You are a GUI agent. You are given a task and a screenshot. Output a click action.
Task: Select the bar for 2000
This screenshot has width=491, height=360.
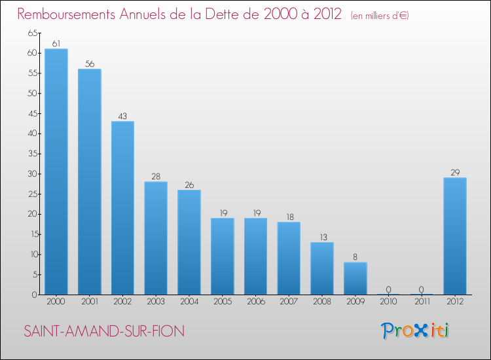coord(56,171)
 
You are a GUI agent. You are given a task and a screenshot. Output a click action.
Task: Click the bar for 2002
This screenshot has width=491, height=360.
coord(122,207)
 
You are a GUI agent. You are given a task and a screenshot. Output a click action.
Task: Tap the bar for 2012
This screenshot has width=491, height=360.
coord(455,236)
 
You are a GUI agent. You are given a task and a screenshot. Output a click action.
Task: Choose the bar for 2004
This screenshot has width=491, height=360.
coord(189,242)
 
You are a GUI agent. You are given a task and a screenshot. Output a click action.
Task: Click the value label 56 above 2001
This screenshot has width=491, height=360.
coord(89,64)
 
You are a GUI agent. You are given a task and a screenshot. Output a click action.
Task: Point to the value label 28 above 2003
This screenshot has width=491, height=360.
coord(156,177)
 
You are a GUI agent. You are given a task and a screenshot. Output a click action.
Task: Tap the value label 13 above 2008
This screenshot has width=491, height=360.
coord(322,237)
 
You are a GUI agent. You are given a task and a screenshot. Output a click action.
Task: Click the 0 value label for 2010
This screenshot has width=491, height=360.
coord(388,289)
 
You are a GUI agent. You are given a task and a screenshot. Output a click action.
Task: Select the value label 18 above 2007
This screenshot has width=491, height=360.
coord(289,217)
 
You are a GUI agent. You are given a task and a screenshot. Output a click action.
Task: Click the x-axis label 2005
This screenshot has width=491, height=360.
coord(222,302)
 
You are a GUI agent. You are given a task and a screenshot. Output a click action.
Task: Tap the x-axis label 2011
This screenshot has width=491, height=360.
coord(422,302)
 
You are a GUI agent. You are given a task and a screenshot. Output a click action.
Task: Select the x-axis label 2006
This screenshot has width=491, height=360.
coord(255,302)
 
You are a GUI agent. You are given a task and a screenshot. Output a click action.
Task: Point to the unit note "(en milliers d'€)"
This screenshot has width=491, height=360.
coord(380,15)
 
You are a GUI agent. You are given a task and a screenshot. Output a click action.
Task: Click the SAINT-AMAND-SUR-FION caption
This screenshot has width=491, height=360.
coord(105,331)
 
